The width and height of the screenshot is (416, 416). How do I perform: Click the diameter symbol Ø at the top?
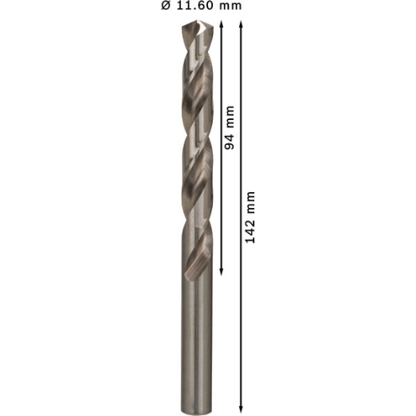click(166, 6)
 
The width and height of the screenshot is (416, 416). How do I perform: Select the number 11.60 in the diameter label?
click(194, 6)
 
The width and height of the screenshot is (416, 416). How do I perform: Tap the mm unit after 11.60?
click(230, 6)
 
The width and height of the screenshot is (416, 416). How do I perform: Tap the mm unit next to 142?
click(250, 202)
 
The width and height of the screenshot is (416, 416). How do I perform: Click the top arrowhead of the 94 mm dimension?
click(221, 24)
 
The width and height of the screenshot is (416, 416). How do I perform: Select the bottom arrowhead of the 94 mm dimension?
click(221, 272)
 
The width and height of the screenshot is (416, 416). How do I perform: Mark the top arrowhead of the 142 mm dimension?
click(241, 24)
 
